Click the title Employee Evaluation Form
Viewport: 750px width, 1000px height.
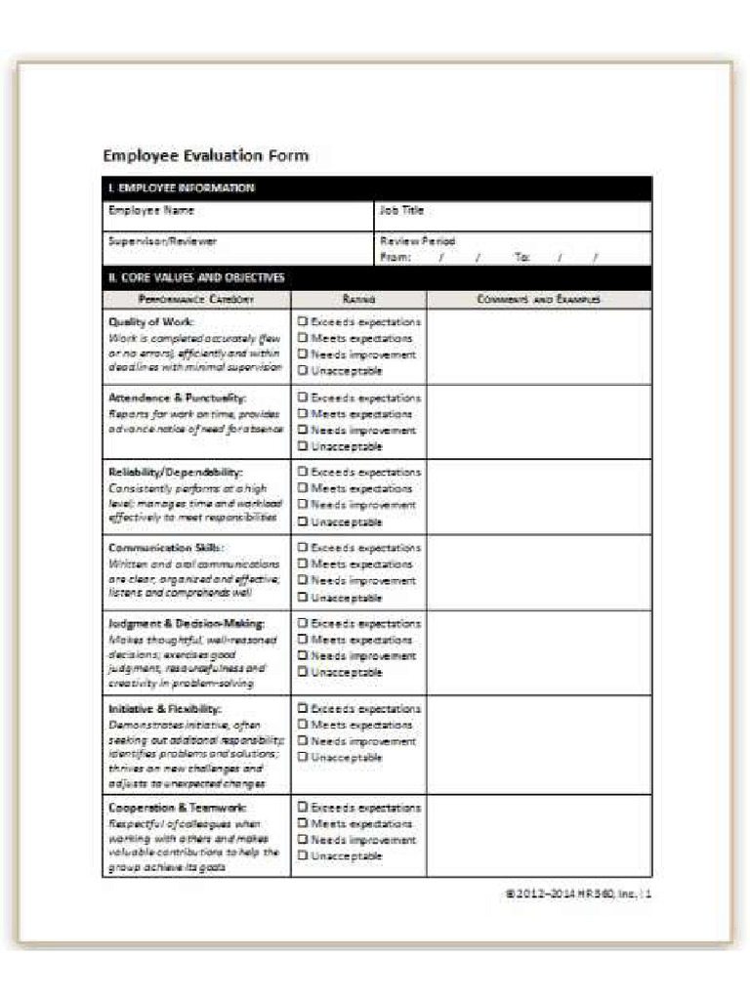[x=206, y=156]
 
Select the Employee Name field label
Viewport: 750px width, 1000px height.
[x=151, y=211]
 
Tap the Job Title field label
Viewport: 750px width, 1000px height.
[x=401, y=211]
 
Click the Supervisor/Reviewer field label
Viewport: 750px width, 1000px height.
[x=163, y=241]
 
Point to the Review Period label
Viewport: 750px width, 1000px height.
[x=418, y=241]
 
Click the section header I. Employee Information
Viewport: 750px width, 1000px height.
[x=182, y=187]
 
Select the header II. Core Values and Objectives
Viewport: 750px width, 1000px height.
[x=196, y=277]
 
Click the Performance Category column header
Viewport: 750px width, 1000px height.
[x=196, y=300]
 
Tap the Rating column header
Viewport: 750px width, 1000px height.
[x=359, y=300]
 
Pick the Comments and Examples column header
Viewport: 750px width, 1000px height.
[x=539, y=300]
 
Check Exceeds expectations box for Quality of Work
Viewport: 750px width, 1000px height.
[x=303, y=321]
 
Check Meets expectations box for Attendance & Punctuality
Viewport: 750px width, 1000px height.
[x=303, y=414]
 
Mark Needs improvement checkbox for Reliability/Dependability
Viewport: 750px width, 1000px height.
[x=303, y=505]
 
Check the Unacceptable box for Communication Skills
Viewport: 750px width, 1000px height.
[x=303, y=597]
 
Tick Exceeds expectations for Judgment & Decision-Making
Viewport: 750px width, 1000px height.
[x=303, y=623]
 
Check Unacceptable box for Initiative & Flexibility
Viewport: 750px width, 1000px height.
[x=303, y=758]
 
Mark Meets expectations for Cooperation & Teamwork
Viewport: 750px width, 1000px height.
[x=303, y=824]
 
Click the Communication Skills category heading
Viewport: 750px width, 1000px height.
[x=166, y=548]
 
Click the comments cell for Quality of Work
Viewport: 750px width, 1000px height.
[x=539, y=347]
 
